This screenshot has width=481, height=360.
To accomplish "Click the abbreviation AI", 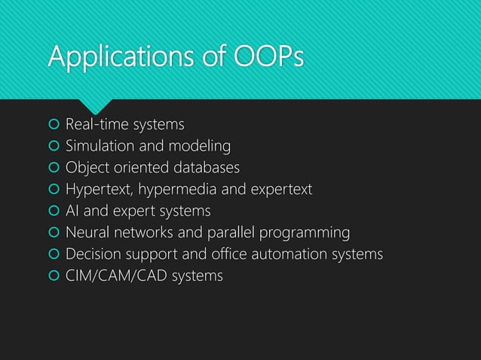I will point(72,211).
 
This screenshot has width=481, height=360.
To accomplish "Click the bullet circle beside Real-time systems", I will point(53,124).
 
